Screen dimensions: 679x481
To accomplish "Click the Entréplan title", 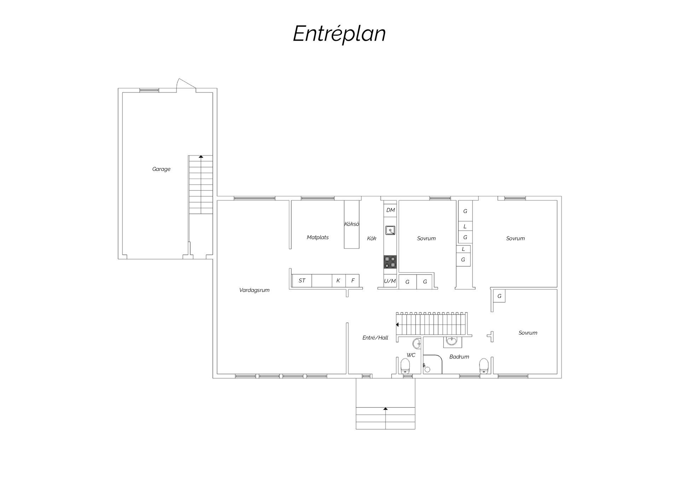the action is pyautogui.click(x=339, y=34).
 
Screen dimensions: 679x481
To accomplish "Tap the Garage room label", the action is pyautogui.click(x=161, y=169).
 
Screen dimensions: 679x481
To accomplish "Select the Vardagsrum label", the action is pyautogui.click(x=254, y=290).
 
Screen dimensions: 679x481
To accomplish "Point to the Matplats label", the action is pyautogui.click(x=318, y=237).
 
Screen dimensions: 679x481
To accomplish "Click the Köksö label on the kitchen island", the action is pyautogui.click(x=352, y=224).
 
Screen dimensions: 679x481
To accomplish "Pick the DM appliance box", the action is pyautogui.click(x=390, y=210).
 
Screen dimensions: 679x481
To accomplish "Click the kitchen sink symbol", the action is pyautogui.click(x=390, y=230).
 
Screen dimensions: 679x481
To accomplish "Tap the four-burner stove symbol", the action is pyautogui.click(x=390, y=262).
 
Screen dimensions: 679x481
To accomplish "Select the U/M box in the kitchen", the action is pyautogui.click(x=390, y=281).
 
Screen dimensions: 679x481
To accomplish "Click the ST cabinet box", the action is pyautogui.click(x=302, y=281).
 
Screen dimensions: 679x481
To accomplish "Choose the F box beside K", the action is pyautogui.click(x=353, y=281).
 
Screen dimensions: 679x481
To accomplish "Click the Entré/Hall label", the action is pyautogui.click(x=375, y=338).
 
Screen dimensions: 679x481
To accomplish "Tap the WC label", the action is pyautogui.click(x=411, y=355).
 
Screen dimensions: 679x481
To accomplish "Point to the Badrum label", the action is pyautogui.click(x=459, y=357).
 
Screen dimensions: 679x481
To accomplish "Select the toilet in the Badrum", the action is pyautogui.click(x=484, y=366).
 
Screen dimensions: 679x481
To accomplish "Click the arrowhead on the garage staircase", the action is pyautogui.click(x=201, y=156).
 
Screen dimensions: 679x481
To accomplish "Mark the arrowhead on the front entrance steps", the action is pyautogui.click(x=385, y=409).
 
